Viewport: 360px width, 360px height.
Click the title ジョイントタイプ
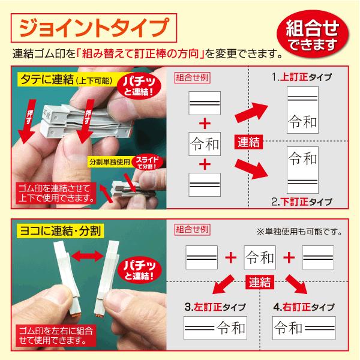click(94, 28)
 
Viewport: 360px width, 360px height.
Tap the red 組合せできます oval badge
click(313, 34)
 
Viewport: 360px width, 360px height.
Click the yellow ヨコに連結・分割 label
click(61, 231)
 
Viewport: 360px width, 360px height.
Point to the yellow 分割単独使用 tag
click(110, 162)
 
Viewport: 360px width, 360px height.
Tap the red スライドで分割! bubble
click(148, 162)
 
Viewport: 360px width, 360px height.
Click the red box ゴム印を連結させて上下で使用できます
click(56, 193)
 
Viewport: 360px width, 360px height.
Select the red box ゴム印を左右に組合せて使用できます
click(56, 335)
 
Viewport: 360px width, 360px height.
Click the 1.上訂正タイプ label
click(302, 77)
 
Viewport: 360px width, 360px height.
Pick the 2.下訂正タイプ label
click(302, 202)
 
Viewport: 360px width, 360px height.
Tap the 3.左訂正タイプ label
click(215, 307)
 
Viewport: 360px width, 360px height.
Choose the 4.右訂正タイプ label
click(304, 307)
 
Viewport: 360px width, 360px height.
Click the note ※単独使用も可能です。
click(299, 232)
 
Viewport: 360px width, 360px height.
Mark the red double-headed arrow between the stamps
click(87, 256)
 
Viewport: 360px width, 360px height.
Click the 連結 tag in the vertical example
click(248, 142)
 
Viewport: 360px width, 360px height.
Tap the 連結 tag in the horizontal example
click(260, 282)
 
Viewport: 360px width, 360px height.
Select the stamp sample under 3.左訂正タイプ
click(215, 328)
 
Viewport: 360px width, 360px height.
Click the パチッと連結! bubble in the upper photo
click(139, 86)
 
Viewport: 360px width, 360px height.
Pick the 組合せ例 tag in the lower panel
click(193, 229)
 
